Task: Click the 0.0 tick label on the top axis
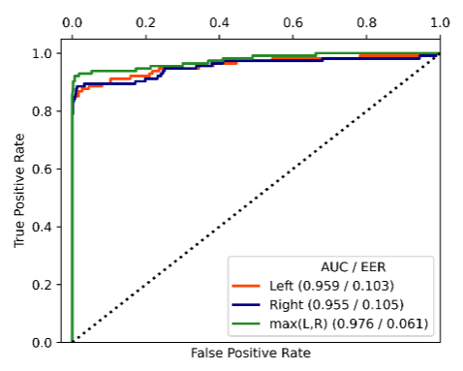point(72,20)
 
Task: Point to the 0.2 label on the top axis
point(145,20)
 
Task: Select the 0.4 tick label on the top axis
point(219,20)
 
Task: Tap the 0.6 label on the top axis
point(293,20)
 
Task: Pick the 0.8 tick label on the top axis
point(366,20)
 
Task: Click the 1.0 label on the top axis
point(440,20)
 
